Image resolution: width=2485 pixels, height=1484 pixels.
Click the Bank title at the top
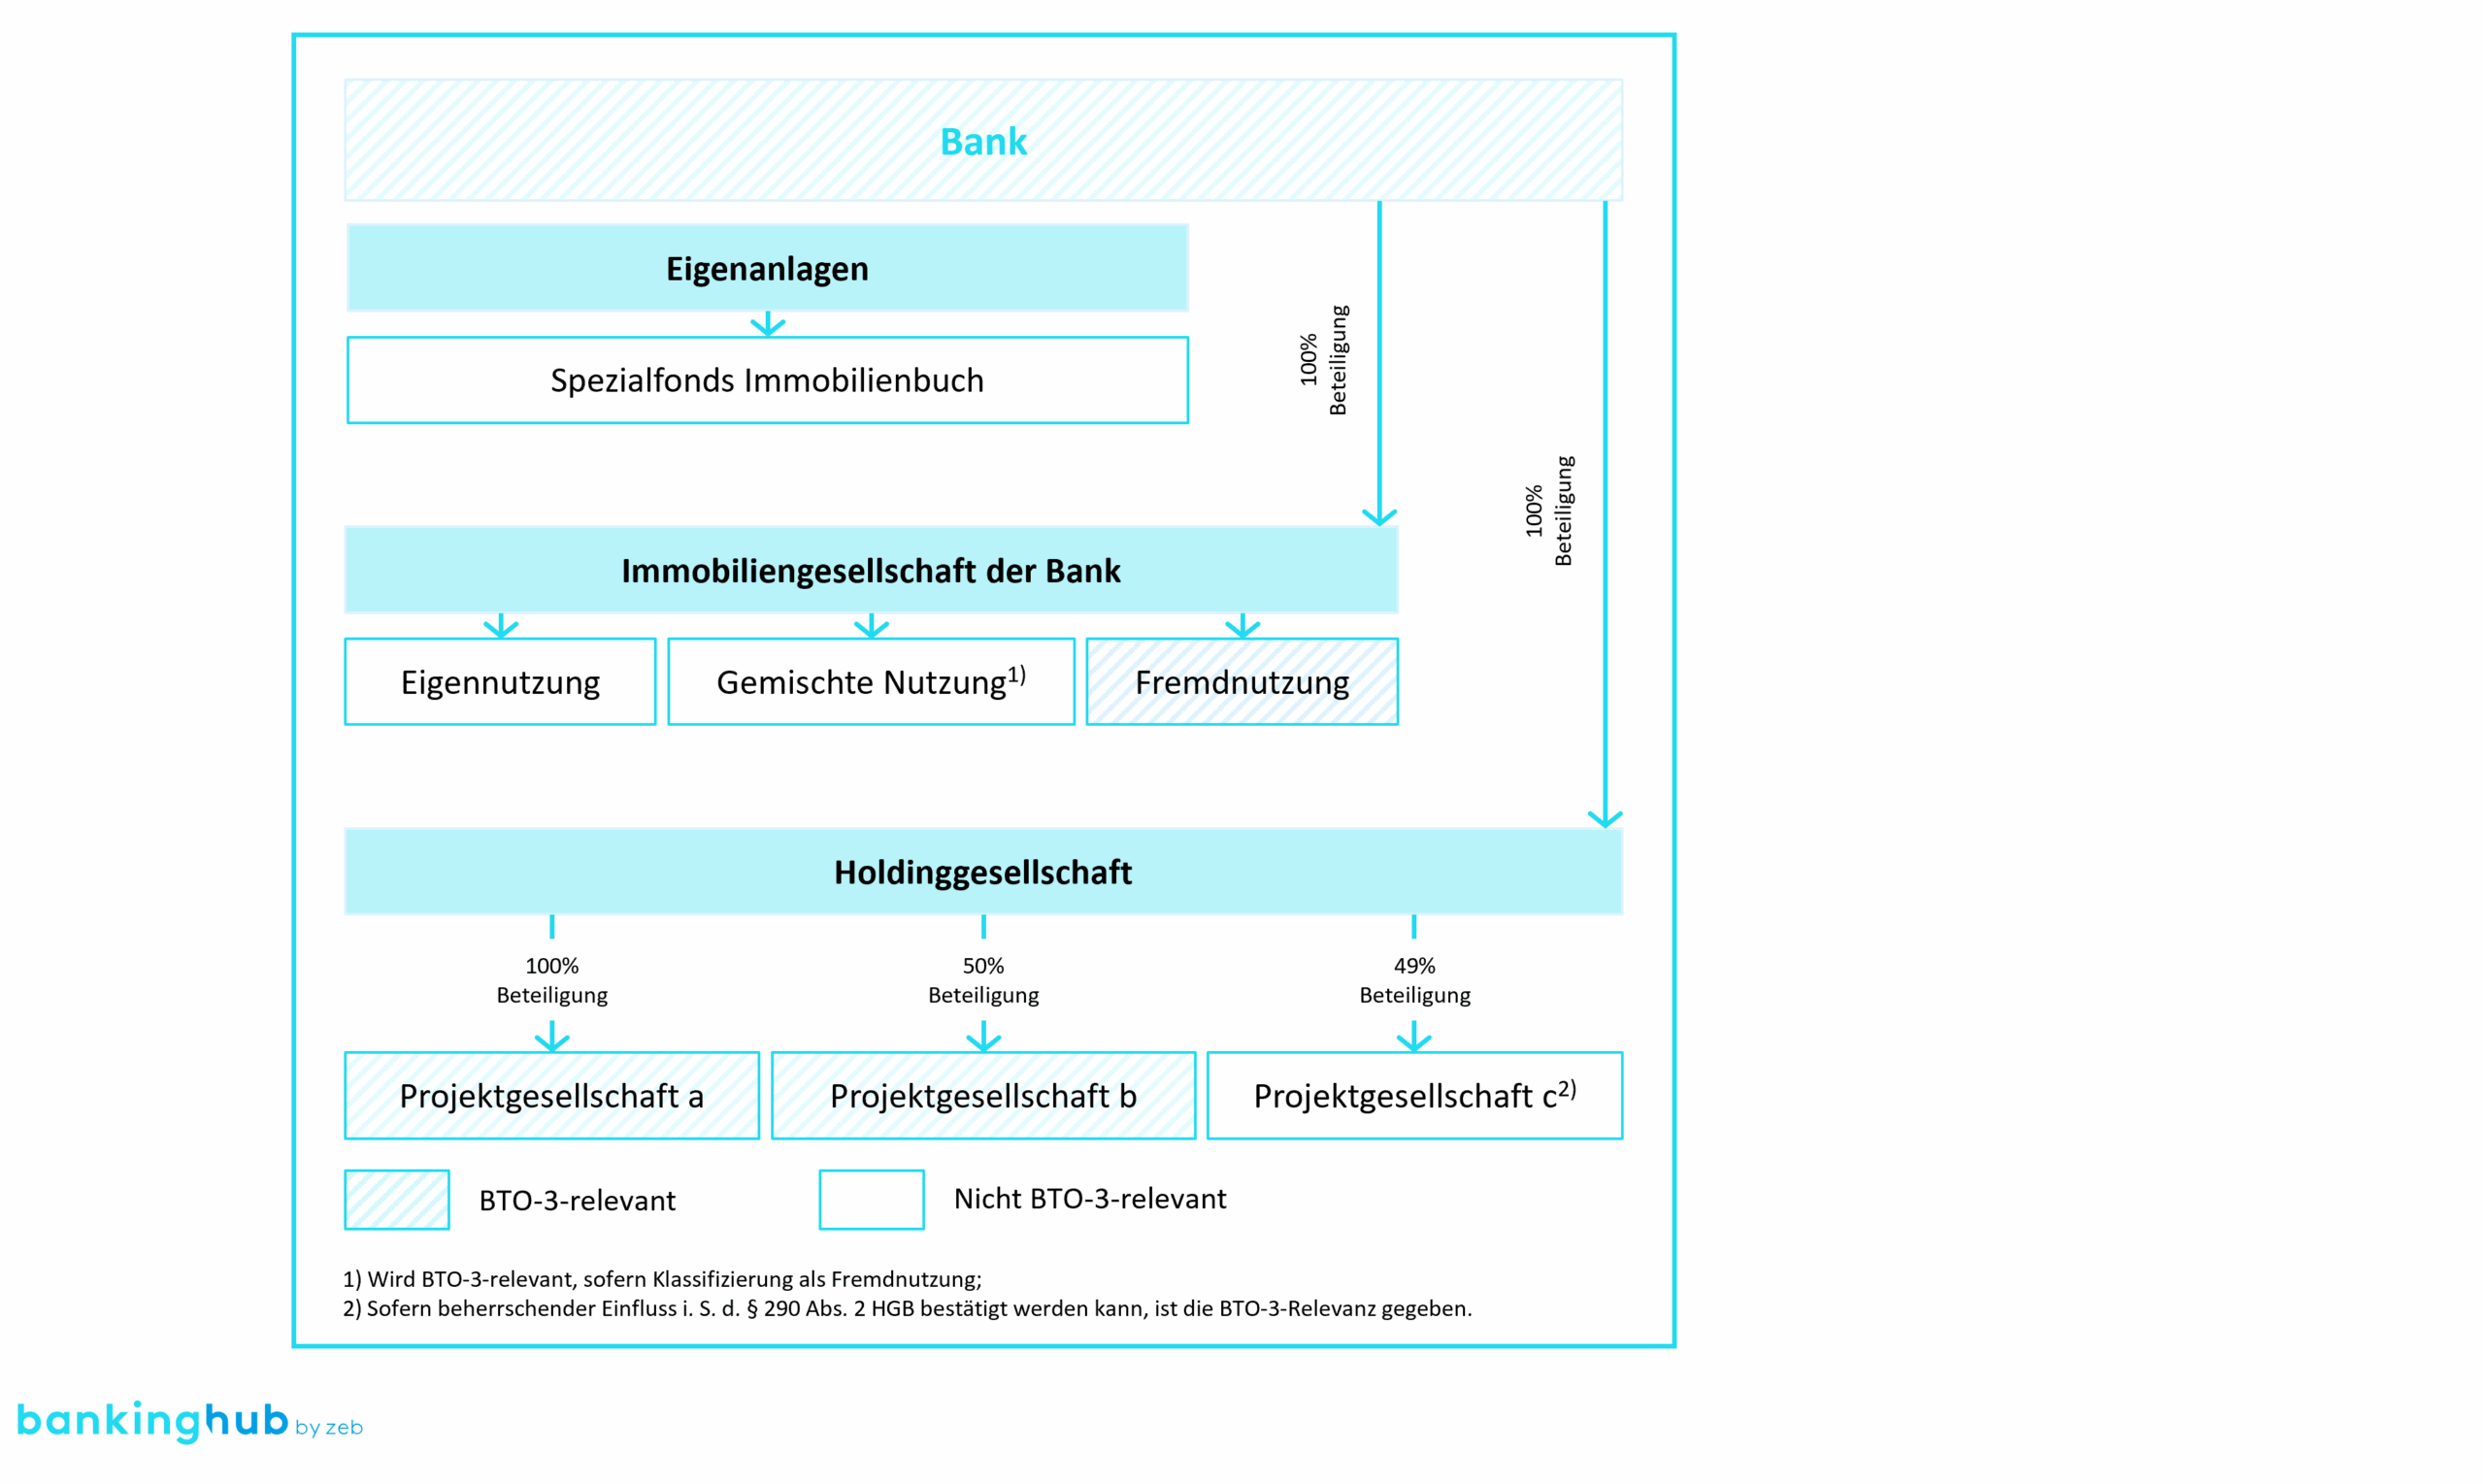pyautogui.click(x=983, y=141)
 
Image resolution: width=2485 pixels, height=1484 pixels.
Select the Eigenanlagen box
pyautogui.click(x=767, y=268)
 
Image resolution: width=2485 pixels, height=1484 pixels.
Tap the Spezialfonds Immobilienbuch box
pyautogui.click(x=767, y=380)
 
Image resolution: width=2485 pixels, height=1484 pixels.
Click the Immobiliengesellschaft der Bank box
pyautogui.click(x=871, y=570)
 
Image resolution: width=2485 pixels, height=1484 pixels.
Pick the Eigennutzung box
pyautogui.click(x=500, y=682)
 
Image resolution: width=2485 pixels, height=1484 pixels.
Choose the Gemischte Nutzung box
pyautogui.click(x=871, y=682)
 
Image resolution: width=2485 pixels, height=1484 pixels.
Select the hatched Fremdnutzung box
pyautogui.click(x=1242, y=682)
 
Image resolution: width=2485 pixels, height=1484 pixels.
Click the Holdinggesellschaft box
pyautogui.click(x=983, y=872)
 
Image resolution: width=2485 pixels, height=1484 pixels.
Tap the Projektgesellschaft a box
pyautogui.click(x=552, y=1096)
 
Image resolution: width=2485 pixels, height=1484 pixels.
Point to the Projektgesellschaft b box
pyautogui.click(x=983, y=1096)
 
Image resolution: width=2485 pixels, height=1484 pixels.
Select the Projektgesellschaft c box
pyautogui.click(x=1415, y=1096)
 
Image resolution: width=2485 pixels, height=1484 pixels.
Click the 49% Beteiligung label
pyautogui.click(x=1415, y=980)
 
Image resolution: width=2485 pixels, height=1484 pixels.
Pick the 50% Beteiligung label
pyautogui.click(x=983, y=980)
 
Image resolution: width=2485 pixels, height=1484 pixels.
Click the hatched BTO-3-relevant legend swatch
pyautogui.click(x=397, y=1200)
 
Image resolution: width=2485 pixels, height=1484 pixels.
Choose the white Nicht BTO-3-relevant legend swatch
pyautogui.click(x=871, y=1200)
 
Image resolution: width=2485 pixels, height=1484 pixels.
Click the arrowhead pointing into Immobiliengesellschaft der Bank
pyautogui.click(x=1380, y=517)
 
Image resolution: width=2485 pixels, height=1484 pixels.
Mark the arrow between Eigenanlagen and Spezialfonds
pyautogui.click(x=767, y=324)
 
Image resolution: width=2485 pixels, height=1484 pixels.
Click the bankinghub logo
pyautogui.click(x=190, y=1422)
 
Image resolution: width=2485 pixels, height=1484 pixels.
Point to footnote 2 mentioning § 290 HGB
pyautogui.click(x=907, y=1309)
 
